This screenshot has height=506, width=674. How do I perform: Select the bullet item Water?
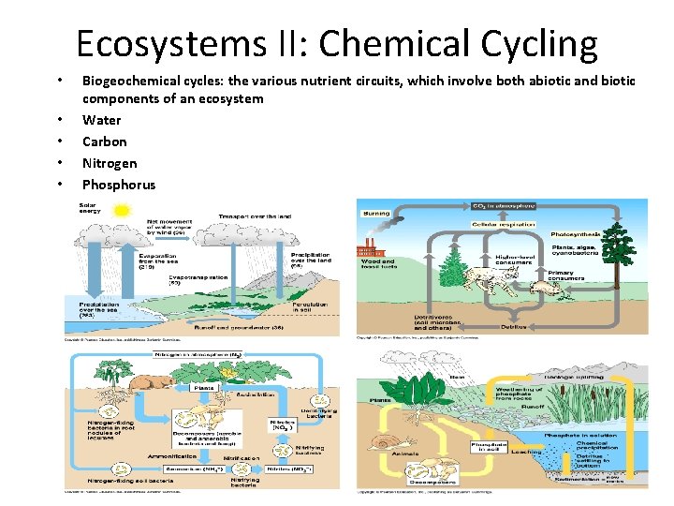click(101, 120)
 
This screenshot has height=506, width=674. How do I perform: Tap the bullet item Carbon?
click(104, 141)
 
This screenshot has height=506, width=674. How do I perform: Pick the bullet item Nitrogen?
click(109, 163)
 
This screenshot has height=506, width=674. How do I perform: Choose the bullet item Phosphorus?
click(119, 185)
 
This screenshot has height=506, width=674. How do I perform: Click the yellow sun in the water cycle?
click(123, 212)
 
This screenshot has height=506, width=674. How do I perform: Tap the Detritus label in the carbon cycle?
click(513, 326)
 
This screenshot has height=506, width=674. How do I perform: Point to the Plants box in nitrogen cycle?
click(203, 386)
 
